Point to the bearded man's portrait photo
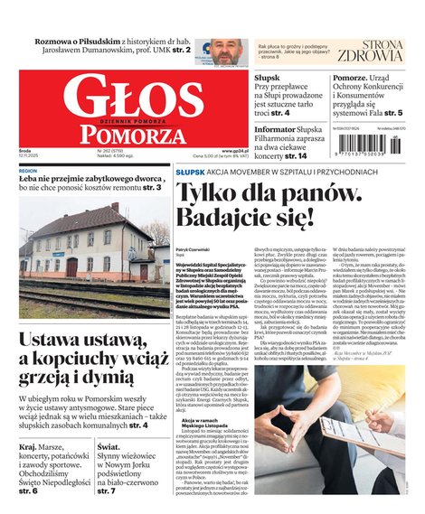click(x=229, y=51)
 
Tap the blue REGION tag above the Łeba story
click(x=28, y=170)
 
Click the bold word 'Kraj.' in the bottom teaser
click(x=30, y=446)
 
